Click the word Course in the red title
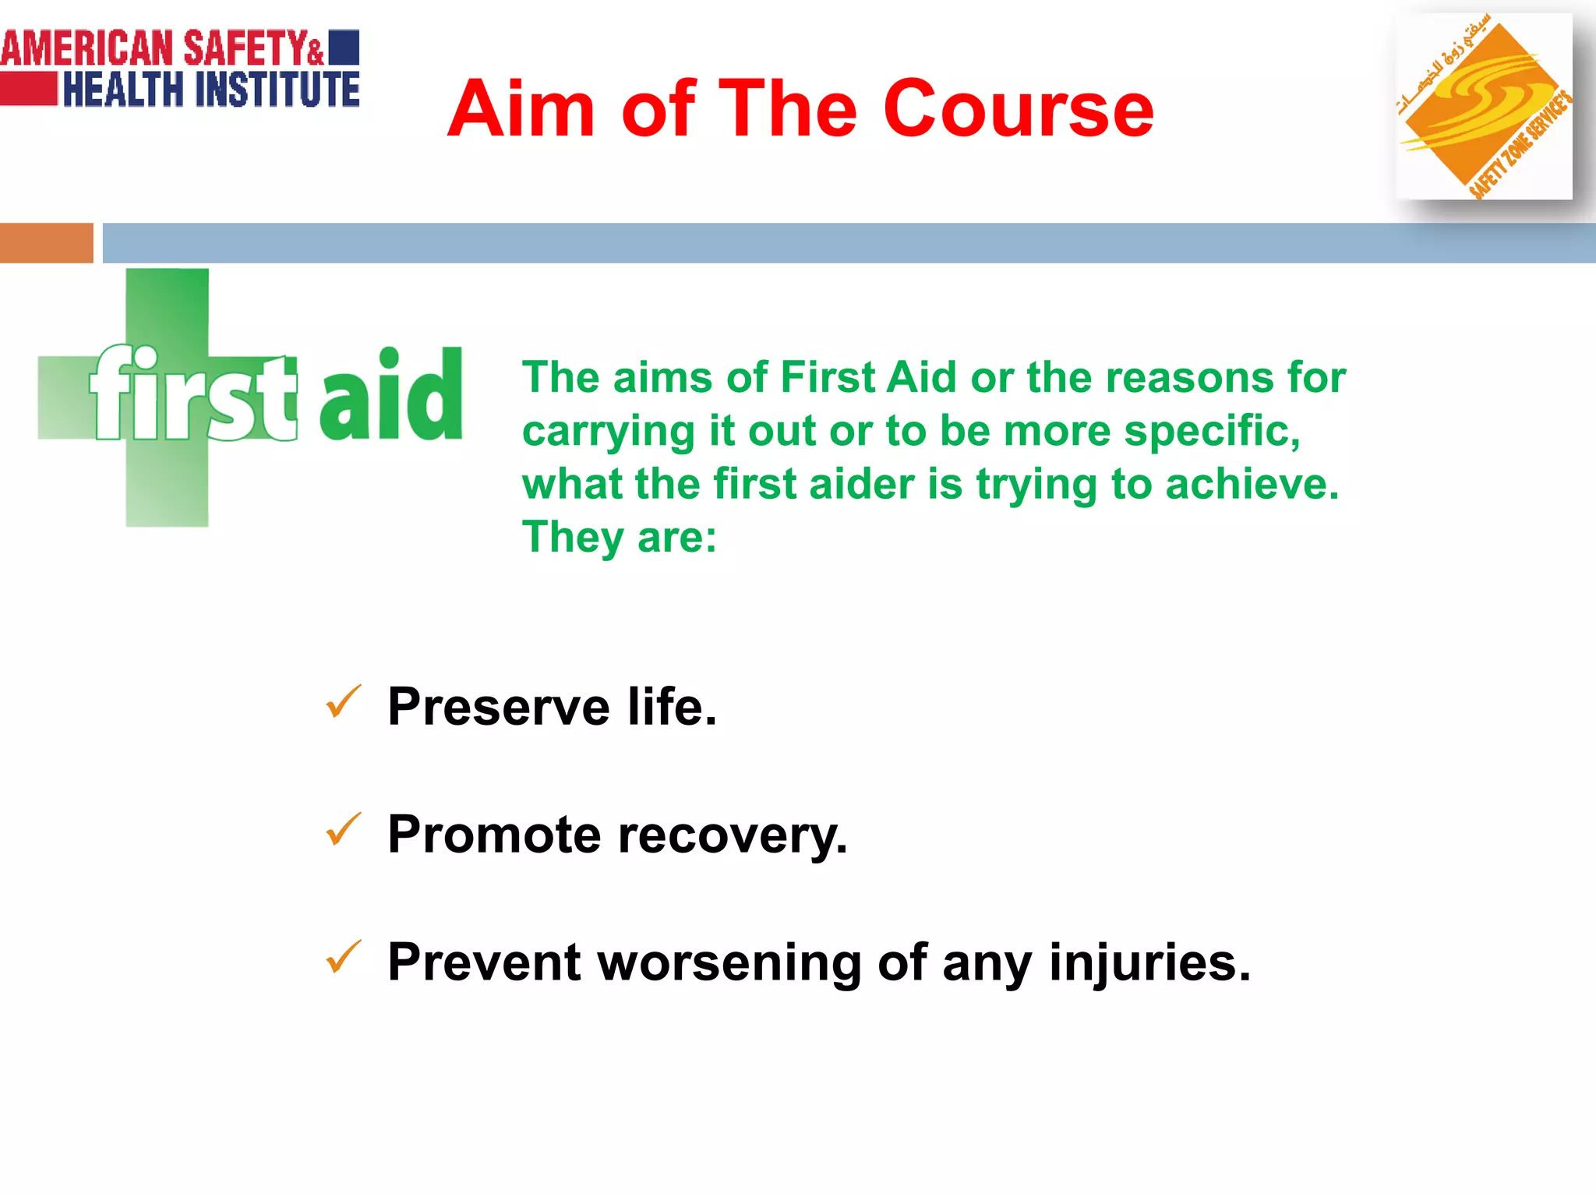click(1018, 109)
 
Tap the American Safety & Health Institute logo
click(179, 68)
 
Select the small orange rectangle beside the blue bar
click(46, 243)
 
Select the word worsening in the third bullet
click(729, 963)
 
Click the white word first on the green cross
click(193, 394)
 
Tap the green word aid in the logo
click(391, 394)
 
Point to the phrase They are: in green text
click(620, 537)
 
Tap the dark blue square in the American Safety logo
click(344, 47)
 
